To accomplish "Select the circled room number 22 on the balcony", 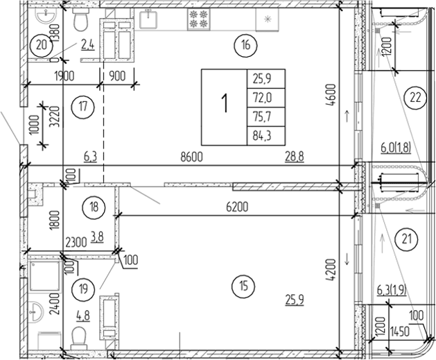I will point(414,98).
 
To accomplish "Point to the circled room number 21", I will point(406,239).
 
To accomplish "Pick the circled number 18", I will point(91,206).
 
